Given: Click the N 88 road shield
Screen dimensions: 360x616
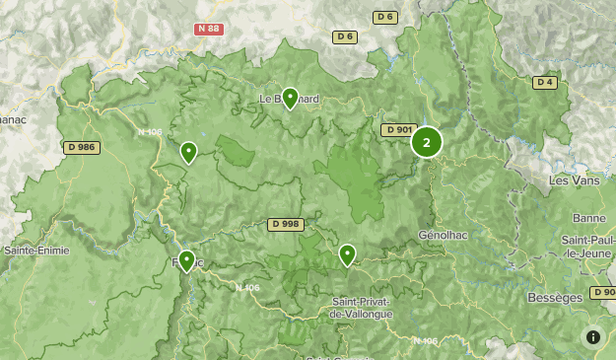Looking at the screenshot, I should point(208,30).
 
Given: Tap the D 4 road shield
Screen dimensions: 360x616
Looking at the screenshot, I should point(545,83).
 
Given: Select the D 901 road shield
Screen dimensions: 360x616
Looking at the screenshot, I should point(398,130).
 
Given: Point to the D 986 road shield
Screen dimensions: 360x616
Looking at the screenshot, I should point(82,147).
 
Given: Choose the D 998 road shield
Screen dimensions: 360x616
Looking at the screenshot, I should point(284,225).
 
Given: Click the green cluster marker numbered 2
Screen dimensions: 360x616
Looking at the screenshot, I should point(427,142).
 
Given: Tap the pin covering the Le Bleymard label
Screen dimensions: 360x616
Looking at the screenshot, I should point(290,98).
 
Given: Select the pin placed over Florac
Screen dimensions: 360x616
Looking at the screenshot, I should point(186,260).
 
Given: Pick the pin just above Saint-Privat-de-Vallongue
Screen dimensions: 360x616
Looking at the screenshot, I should point(347,254).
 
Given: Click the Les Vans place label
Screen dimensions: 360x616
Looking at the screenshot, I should point(572,180).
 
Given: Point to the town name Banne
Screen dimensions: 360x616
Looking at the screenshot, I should point(588,218).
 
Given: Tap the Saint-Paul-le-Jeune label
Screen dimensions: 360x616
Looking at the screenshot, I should point(587,247).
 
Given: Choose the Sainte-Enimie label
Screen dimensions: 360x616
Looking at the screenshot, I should point(35,251).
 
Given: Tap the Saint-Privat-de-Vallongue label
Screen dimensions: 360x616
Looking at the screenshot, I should point(361,307).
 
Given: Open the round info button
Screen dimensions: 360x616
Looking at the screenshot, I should point(593,337).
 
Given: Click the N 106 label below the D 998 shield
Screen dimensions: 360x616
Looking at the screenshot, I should point(248,287).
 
